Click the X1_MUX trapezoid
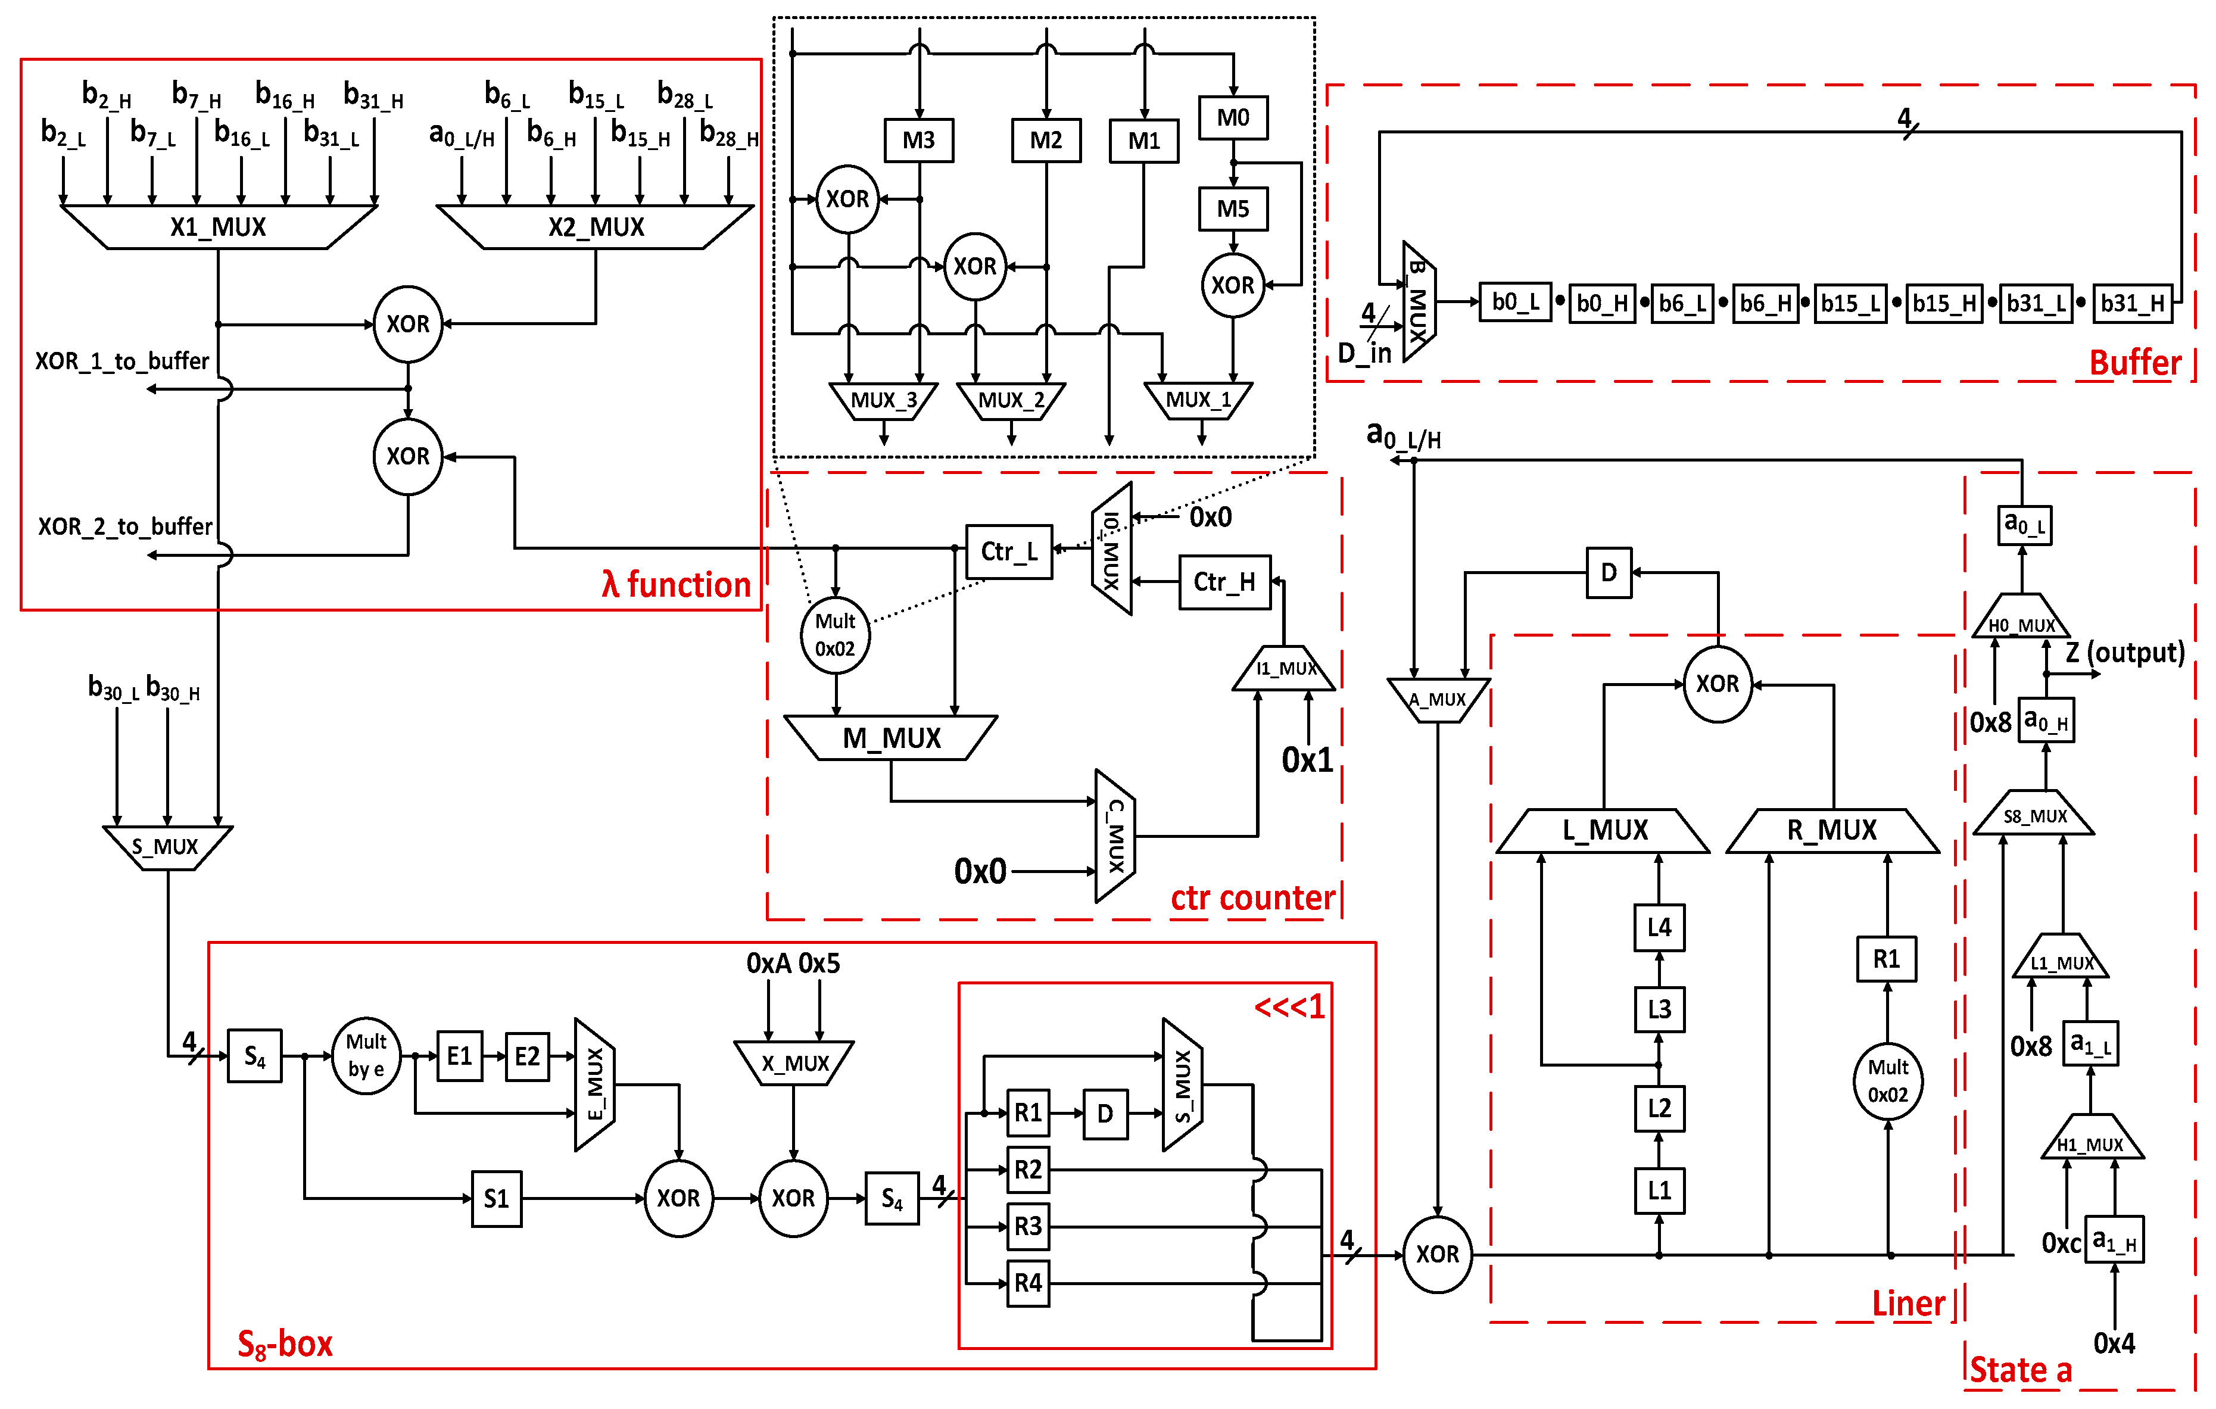pyautogui.click(x=218, y=226)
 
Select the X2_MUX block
pyautogui.click(x=596, y=226)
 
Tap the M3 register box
pyautogui.click(x=918, y=140)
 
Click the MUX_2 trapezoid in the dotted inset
pyautogui.click(x=1011, y=400)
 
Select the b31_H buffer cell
pyautogui.click(x=2131, y=303)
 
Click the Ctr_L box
pyautogui.click(x=1009, y=551)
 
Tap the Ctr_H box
pyautogui.click(x=1224, y=582)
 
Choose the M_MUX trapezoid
pyautogui.click(x=891, y=738)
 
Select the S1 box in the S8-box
pyautogui.click(x=496, y=1198)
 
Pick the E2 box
pyautogui.click(x=526, y=1056)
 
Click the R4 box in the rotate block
pyautogui.click(x=1027, y=1283)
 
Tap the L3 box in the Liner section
pyautogui.click(x=1659, y=1009)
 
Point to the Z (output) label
pyautogui.click(x=2124, y=653)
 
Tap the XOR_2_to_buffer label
pyautogui.click(x=124, y=526)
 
